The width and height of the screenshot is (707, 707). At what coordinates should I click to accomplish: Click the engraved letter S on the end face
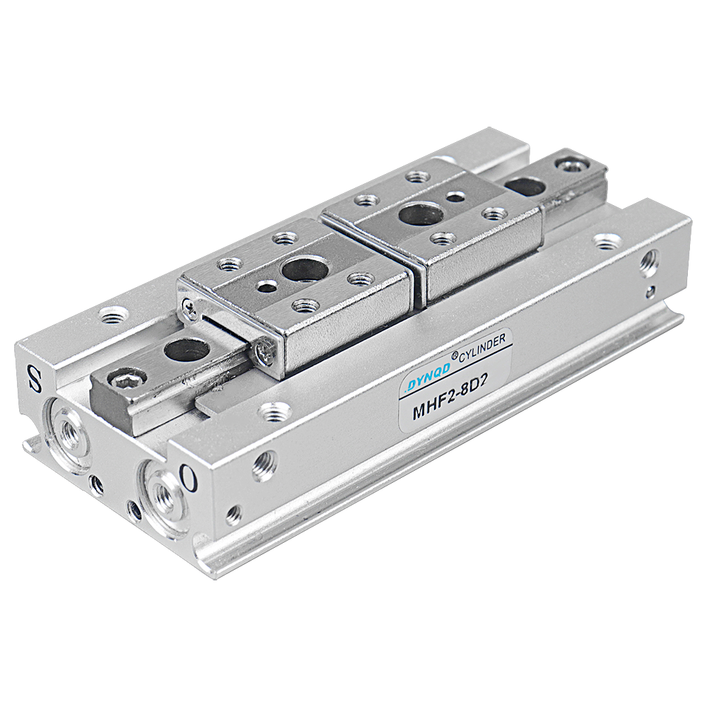[x=34, y=378]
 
